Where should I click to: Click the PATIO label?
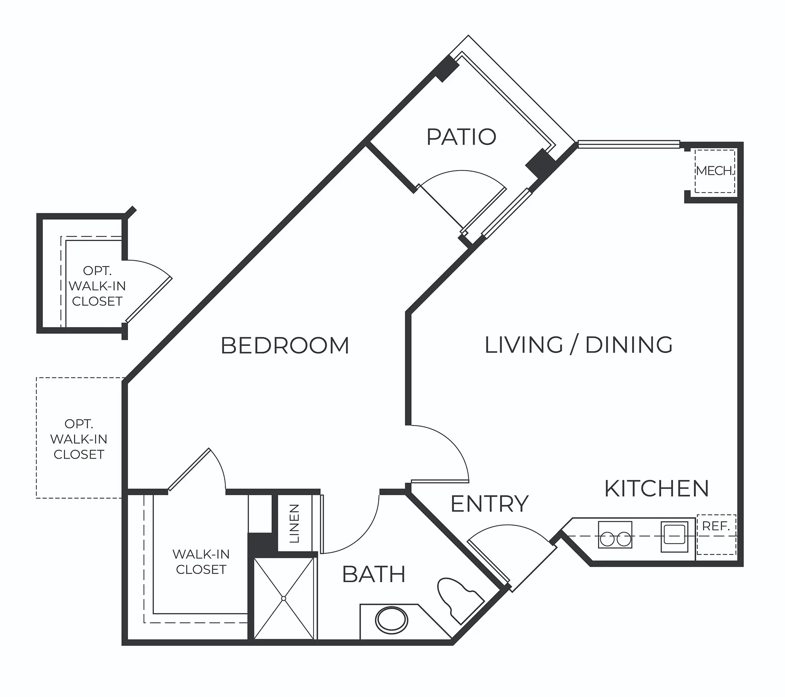pyautogui.click(x=461, y=137)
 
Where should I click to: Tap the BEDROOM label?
pyautogui.click(x=285, y=345)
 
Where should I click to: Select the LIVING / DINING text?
pyautogui.click(x=579, y=345)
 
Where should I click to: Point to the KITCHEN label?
pyautogui.click(x=657, y=488)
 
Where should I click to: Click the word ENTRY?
pyautogui.click(x=489, y=504)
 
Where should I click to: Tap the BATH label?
pyautogui.click(x=374, y=574)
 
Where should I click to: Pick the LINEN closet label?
pyautogui.click(x=294, y=523)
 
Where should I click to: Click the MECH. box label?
pyautogui.click(x=715, y=171)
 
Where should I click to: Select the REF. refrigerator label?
pyautogui.click(x=716, y=527)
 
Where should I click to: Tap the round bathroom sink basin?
pyautogui.click(x=392, y=621)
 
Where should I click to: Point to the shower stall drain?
pyautogui.click(x=284, y=598)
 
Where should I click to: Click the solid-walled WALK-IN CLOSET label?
pyautogui.click(x=201, y=562)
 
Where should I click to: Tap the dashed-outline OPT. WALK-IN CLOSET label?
pyautogui.click(x=79, y=439)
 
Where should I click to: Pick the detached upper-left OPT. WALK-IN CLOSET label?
pyautogui.click(x=97, y=286)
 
